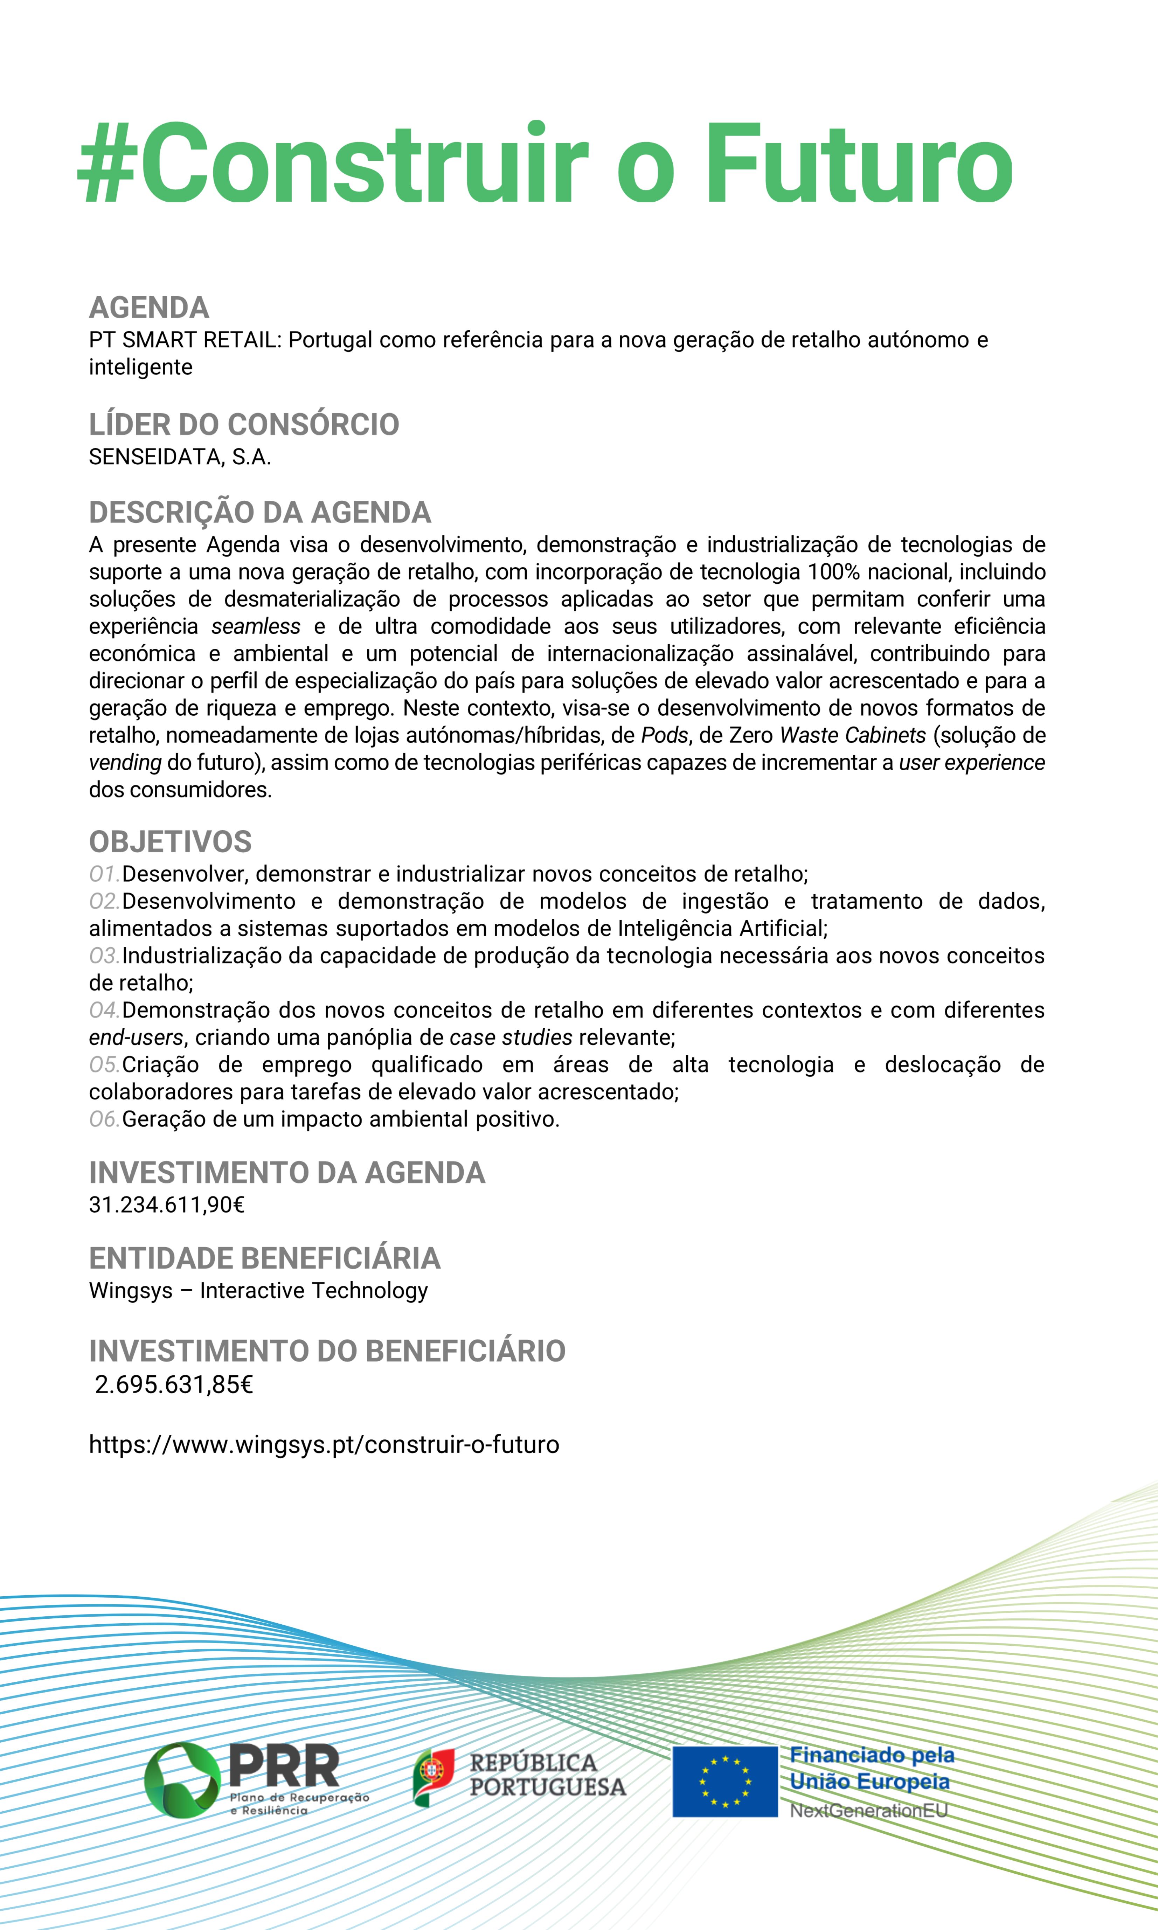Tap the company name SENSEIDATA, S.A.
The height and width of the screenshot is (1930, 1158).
point(180,457)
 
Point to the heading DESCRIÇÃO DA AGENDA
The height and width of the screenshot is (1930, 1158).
point(260,513)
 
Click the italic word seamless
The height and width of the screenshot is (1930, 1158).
point(255,626)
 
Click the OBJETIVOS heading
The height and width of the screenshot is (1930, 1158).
point(170,842)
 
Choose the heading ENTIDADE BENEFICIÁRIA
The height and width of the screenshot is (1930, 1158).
point(264,1258)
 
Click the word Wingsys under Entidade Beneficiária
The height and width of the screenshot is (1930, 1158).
point(131,1291)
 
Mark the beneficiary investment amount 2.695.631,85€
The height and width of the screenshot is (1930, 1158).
point(173,1385)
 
